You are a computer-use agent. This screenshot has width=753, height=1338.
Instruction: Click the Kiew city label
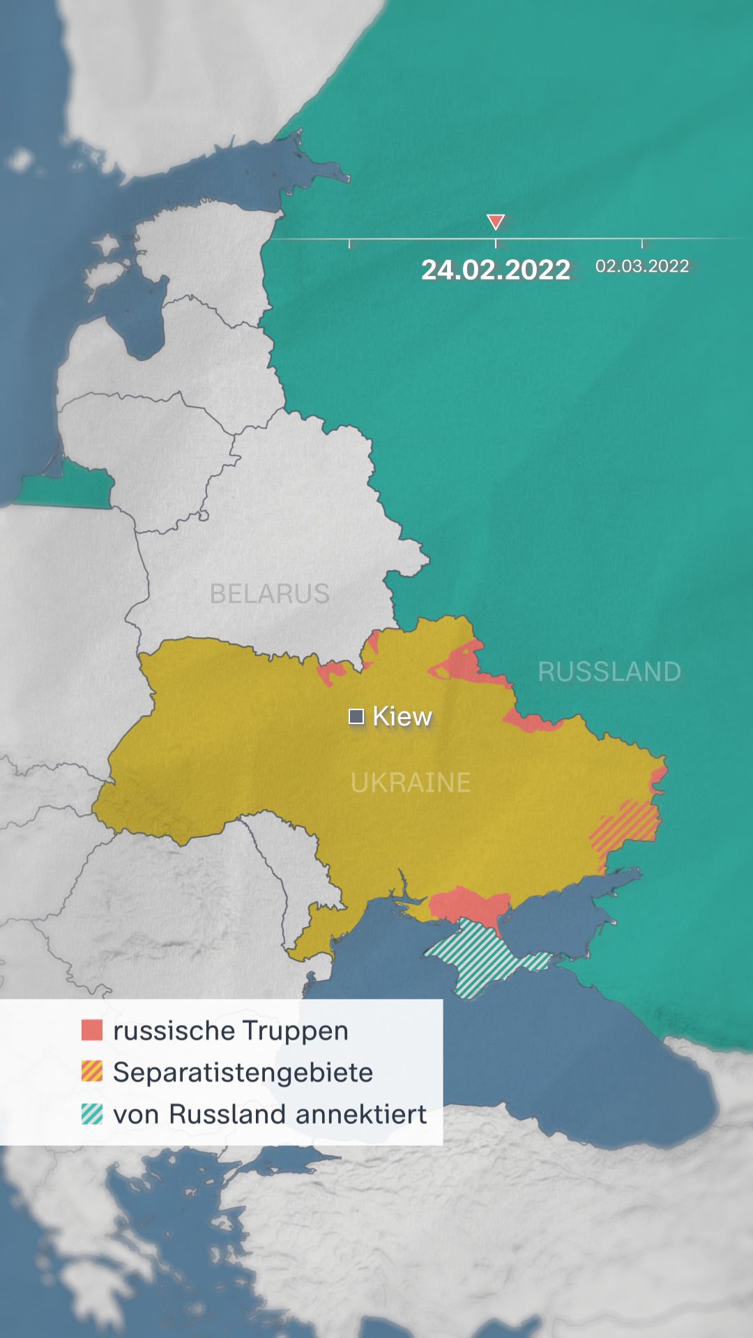pyautogui.click(x=402, y=716)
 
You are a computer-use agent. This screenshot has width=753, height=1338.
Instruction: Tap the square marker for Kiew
pyautogui.click(x=356, y=716)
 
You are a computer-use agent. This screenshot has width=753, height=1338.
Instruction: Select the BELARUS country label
pyautogui.click(x=270, y=594)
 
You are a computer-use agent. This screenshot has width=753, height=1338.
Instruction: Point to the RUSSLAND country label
pyautogui.click(x=609, y=672)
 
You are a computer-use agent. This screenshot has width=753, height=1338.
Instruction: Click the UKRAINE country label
pyautogui.click(x=411, y=783)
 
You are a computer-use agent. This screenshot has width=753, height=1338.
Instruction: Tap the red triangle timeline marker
pyautogui.click(x=496, y=222)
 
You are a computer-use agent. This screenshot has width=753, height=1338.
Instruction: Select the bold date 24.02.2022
pyautogui.click(x=496, y=270)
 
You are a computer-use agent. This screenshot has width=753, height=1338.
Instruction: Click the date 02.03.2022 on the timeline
pyautogui.click(x=642, y=266)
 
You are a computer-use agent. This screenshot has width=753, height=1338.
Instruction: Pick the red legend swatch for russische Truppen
pyautogui.click(x=92, y=1030)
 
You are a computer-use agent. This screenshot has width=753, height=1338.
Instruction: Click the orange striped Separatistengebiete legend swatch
pyautogui.click(x=92, y=1072)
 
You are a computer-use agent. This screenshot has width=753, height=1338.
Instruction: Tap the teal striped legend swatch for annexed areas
pyautogui.click(x=92, y=1114)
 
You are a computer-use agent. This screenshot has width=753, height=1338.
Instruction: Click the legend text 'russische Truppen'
pyautogui.click(x=231, y=1030)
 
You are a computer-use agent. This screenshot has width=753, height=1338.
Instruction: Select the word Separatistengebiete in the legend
pyautogui.click(x=243, y=1072)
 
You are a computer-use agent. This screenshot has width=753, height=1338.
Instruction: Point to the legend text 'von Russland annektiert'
pyautogui.click(x=270, y=1114)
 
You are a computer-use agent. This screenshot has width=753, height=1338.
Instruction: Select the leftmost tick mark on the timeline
pyautogui.click(x=349, y=243)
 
